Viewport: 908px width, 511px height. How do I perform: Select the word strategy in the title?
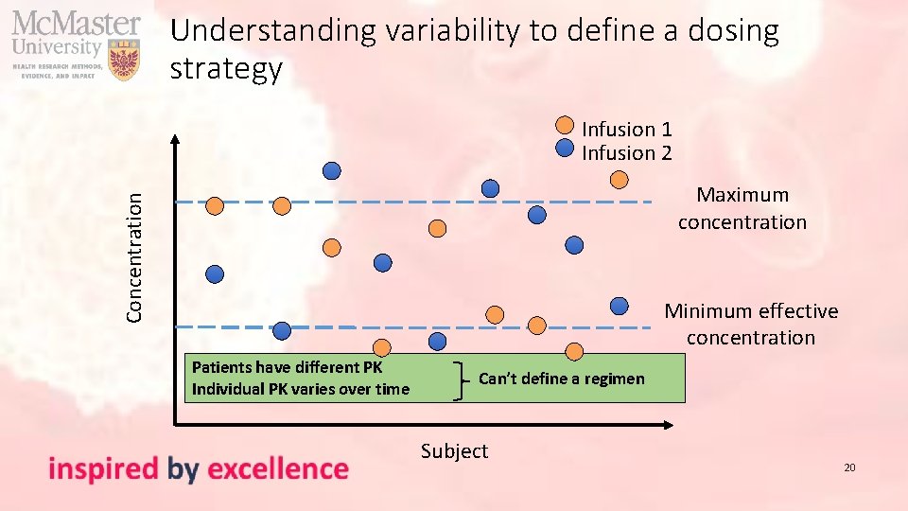coord(226,69)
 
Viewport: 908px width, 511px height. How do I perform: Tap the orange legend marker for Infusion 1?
coord(564,124)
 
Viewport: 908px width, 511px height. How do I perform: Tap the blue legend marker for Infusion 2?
coord(564,148)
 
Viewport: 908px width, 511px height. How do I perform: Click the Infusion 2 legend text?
coord(626,152)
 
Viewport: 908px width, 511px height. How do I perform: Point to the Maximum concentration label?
coord(742,208)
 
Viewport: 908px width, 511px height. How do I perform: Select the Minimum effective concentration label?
coord(751,324)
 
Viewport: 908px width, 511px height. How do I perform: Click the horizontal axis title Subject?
coord(454,451)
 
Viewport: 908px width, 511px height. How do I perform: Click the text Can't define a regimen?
coord(561,379)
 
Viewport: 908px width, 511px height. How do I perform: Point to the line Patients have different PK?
coord(287,367)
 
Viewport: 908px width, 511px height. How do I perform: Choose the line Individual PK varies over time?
coord(300,389)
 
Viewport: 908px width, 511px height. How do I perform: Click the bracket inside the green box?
coord(461,379)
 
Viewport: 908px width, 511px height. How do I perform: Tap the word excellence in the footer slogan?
coord(277,468)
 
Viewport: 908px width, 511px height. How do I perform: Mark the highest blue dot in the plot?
coord(333,171)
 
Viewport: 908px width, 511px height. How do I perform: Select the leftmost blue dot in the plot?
coord(216,274)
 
